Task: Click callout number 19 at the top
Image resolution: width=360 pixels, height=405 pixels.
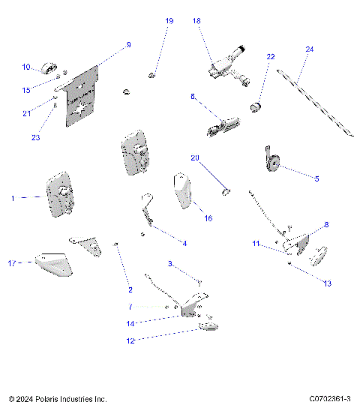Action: click(x=169, y=21)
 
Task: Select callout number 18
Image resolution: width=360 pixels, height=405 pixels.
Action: click(x=197, y=21)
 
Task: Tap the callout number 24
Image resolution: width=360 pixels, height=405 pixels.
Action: click(x=309, y=49)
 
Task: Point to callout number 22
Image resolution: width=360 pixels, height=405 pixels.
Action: click(x=271, y=56)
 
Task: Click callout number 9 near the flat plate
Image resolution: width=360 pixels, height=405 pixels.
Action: click(x=128, y=45)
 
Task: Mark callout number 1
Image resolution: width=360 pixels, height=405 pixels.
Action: click(x=13, y=198)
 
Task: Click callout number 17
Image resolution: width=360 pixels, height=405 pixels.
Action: click(x=10, y=262)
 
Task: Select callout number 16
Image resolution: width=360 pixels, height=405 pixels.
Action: click(x=208, y=218)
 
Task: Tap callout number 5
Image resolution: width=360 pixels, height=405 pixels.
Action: click(x=316, y=178)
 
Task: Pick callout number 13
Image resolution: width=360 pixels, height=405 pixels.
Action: click(x=326, y=283)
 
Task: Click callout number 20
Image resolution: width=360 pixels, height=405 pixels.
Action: click(x=195, y=158)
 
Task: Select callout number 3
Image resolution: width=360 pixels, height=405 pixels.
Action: click(x=170, y=264)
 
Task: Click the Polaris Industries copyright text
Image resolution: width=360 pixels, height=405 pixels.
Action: click(x=58, y=399)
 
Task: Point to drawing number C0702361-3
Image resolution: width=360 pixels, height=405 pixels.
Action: click(x=330, y=399)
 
